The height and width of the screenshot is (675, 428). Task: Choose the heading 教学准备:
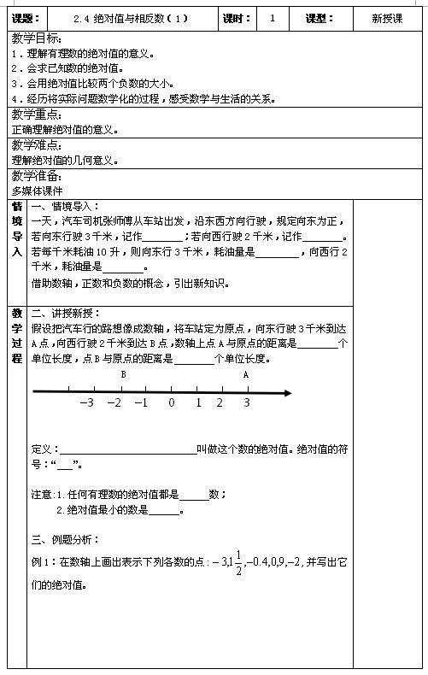36,176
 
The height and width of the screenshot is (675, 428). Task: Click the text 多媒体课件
38,191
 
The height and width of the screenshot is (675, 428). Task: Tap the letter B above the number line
123,374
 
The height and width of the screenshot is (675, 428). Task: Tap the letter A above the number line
246,374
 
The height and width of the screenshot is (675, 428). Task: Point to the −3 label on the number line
86,403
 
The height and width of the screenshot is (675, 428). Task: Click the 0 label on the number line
171,403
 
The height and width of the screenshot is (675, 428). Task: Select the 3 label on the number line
247,403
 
